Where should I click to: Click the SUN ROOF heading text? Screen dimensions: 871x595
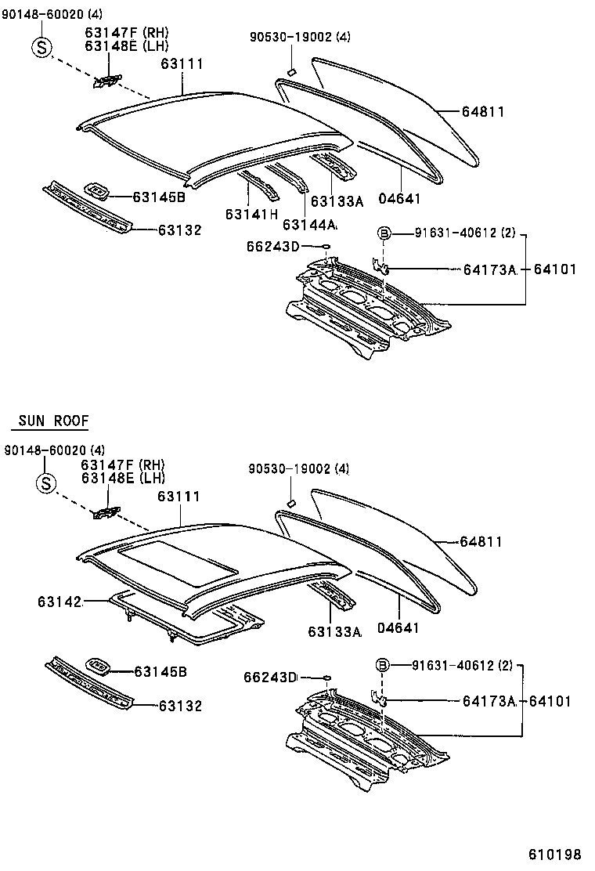click(x=49, y=421)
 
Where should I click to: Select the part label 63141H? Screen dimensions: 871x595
click(x=251, y=214)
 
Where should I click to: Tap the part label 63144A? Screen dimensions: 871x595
click(x=310, y=225)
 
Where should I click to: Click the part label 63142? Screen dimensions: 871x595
click(x=59, y=602)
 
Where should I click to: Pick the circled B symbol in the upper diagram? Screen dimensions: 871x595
click(x=384, y=233)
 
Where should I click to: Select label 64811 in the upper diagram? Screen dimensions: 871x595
click(x=481, y=112)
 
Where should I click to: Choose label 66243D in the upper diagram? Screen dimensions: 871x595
click(x=272, y=247)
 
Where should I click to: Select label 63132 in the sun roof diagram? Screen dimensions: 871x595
click(x=180, y=706)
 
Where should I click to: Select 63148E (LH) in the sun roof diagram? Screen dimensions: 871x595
click(x=122, y=478)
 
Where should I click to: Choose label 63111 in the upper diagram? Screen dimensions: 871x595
click(x=182, y=63)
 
